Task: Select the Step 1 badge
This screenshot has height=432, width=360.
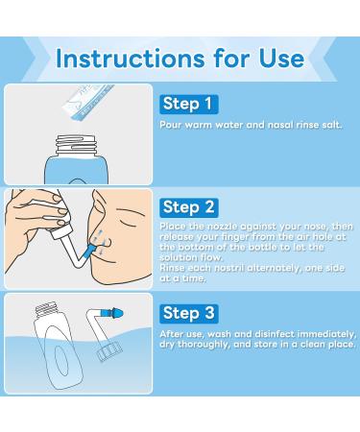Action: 188,103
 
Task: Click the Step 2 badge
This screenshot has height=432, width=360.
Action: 188,204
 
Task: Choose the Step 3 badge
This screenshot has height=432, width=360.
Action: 188,314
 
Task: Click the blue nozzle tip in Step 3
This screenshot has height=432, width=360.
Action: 121,320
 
